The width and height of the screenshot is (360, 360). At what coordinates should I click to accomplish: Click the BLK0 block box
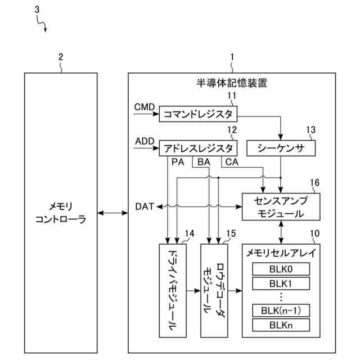coord(281,269)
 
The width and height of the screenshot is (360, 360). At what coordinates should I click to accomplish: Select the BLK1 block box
coord(281,283)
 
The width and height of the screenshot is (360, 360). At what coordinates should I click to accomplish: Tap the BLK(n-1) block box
coord(281,310)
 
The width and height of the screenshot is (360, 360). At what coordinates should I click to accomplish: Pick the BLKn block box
coord(281,325)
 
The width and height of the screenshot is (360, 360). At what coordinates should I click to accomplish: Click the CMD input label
coord(145,107)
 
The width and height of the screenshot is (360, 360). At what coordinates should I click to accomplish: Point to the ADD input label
coord(145,141)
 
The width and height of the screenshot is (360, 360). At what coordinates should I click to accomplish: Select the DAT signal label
coord(145,206)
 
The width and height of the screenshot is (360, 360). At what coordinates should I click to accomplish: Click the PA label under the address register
coord(178,162)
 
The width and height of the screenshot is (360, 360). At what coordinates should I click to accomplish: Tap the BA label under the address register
coord(204,162)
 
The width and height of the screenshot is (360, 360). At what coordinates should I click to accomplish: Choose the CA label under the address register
coord(232,162)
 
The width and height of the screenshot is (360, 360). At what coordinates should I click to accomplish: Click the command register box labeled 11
coord(198,114)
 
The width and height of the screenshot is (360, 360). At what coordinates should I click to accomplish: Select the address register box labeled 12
coord(198,148)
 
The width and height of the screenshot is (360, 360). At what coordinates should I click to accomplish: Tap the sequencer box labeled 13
coord(281,148)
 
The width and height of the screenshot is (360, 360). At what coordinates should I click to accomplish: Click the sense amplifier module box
coord(281,206)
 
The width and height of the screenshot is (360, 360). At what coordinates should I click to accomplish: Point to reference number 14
coord(190,233)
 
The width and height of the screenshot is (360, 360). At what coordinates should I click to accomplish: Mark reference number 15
coord(231,233)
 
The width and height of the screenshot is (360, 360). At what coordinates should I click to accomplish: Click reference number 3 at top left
coord(37,10)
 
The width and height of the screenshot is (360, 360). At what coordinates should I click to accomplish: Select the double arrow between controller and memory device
coord(112,213)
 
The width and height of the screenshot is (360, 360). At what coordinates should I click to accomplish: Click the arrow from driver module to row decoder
coord(193,291)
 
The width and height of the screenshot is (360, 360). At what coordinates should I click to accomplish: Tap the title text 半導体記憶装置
coord(232,83)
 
